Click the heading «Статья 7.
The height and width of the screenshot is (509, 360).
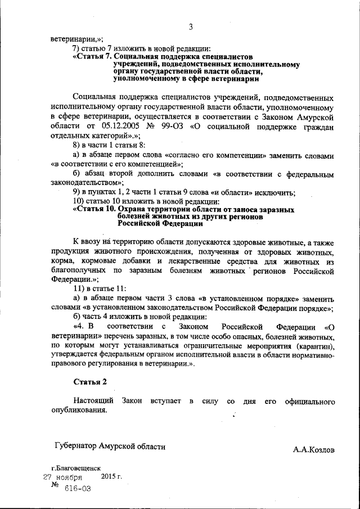(x=93, y=57)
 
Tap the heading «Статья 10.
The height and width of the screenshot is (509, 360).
(x=94, y=209)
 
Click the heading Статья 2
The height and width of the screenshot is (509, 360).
(x=90, y=382)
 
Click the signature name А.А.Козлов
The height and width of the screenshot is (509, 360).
(x=313, y=450)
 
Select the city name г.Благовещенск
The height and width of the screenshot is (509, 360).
(x=76, y=468)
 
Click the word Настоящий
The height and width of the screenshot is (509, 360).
(x=93, y=401)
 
